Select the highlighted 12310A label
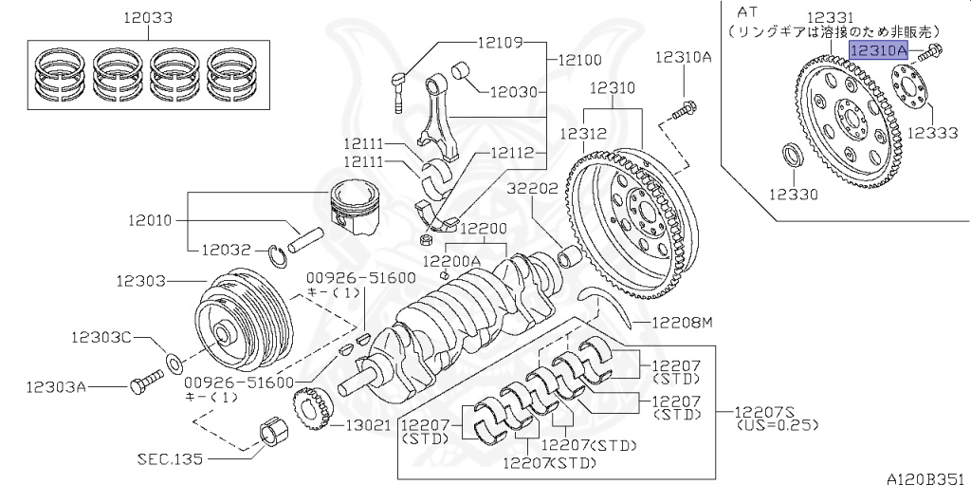point(879,51)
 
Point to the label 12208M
point(681,324)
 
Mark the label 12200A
point(451,259)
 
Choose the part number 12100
point(579,59)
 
